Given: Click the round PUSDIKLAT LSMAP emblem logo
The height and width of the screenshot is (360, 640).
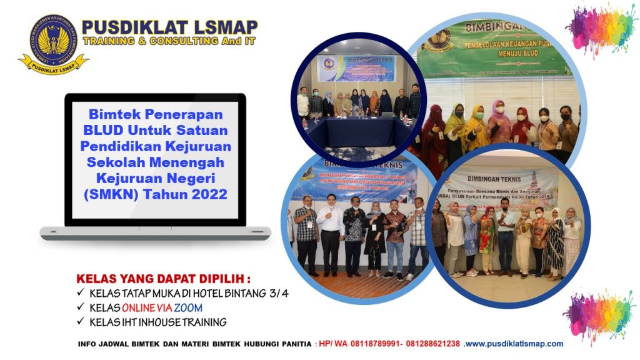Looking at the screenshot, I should click(52, 40).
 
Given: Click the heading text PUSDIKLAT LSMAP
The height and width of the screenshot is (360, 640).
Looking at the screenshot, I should click(169, 27).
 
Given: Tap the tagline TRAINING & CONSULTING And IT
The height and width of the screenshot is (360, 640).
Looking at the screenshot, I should click(169, 41).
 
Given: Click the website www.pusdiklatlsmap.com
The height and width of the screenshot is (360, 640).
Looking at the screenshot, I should click(514, 344).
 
